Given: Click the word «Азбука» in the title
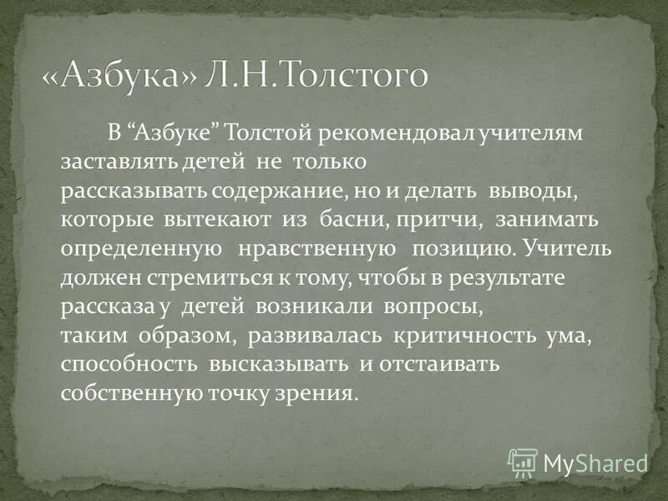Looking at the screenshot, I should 131,76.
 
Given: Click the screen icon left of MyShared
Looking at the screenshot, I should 523,461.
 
